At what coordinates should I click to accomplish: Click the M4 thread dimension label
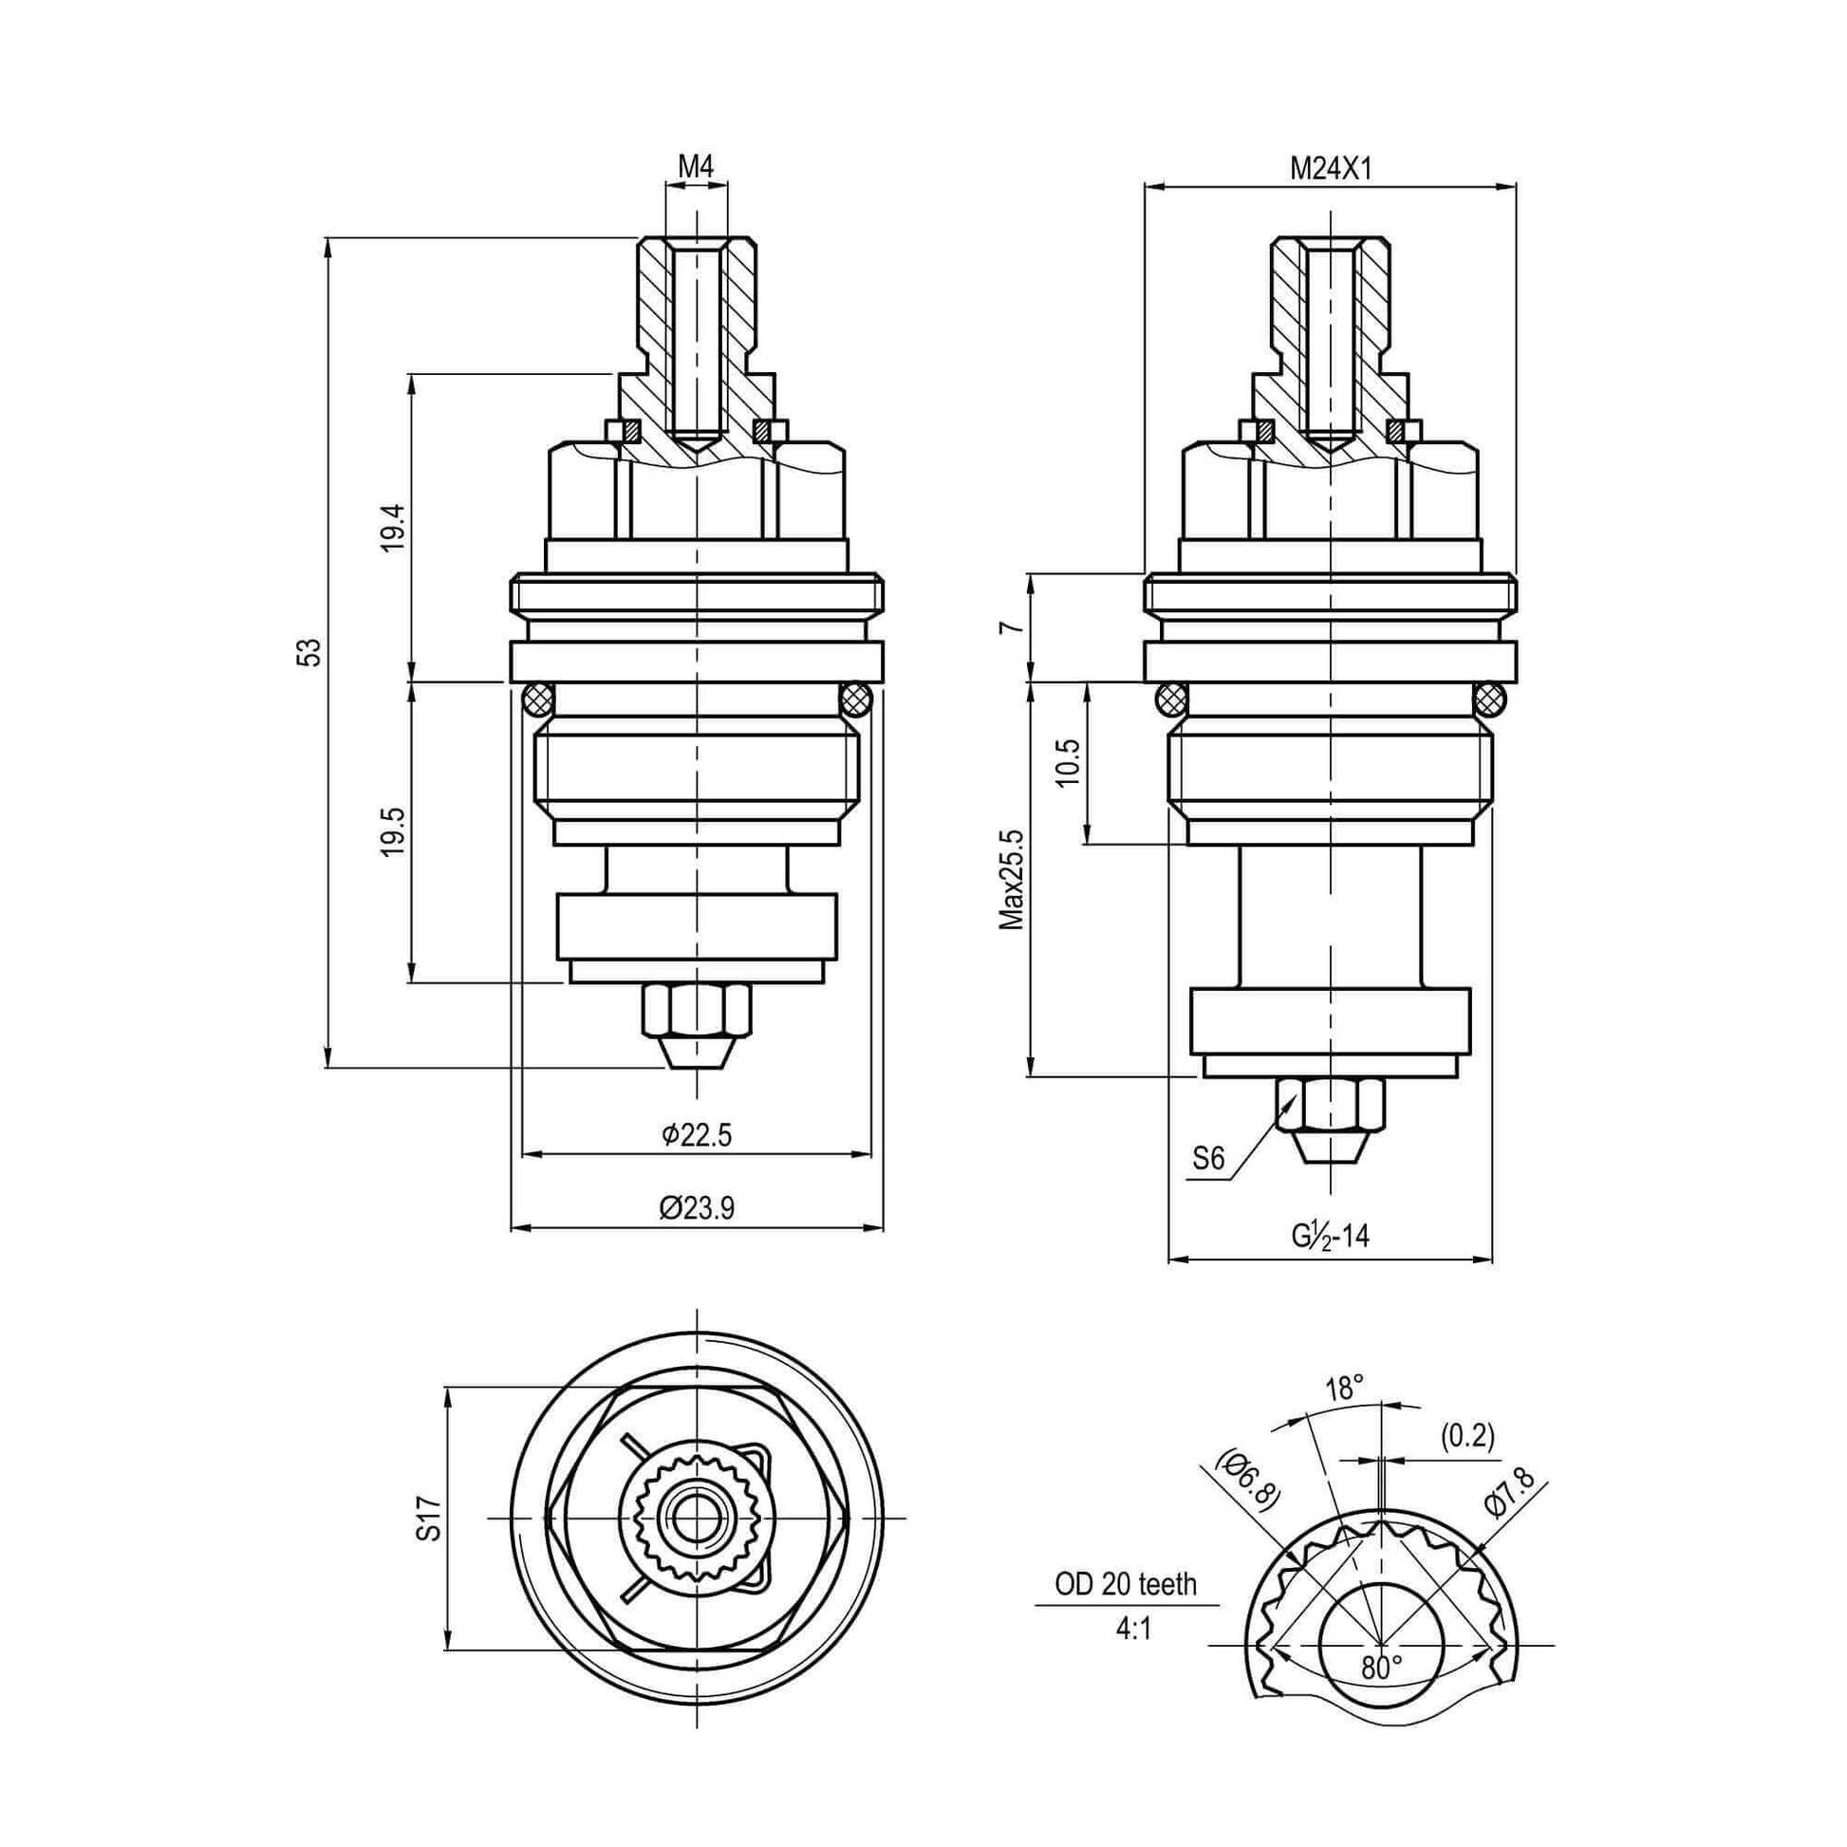click(696, 166)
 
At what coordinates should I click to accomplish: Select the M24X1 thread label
click(1331, 170)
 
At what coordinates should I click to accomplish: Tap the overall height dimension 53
click(308, 653)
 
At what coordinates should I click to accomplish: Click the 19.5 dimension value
click(394, 830)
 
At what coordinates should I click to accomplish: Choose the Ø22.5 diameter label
click(696, 1135)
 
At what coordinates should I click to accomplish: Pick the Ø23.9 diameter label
click(696, 1208)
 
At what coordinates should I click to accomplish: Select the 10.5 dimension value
click(1069, 762)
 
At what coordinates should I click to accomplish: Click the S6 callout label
click(1208, 1160)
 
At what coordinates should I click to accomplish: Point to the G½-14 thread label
click(1331, 1237)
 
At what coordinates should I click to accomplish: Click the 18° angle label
click(1345, 1389)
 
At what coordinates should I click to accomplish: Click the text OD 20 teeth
click(1126, 1585)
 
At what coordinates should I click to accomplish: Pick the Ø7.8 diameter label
click(1509, 1492)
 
